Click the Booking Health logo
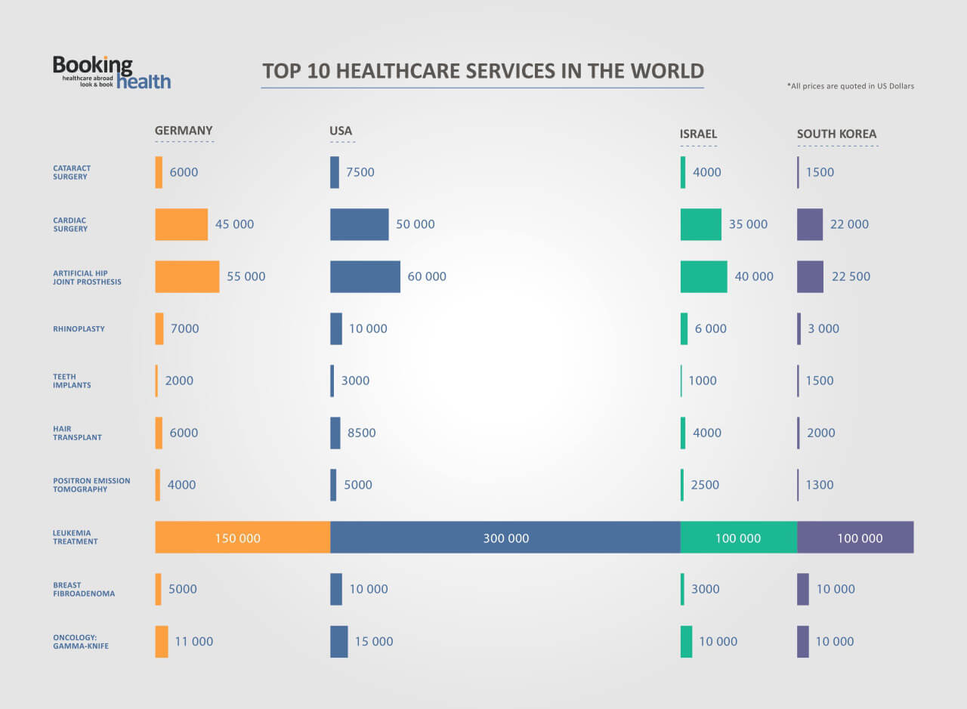click(x=111, y=72)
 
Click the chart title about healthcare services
click(x=483, y=71)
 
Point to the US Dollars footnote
click(x=850, y=86)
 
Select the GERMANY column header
click(x=184, y=131)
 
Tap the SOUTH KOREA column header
click(x=836, y=134)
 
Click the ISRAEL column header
click(x=698, y=134)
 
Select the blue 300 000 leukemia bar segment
click(x=505, y=538)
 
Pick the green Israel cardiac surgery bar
click(x=700, y=224)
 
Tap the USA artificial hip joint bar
click(x=365, y=276)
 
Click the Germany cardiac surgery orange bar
click(x=181, y=224)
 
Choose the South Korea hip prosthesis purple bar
click(x=810, y=276)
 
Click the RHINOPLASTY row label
click(x=79, y=328)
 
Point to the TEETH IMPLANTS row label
click(x=72, y=381)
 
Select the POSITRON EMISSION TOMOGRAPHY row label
click(x=91, y=485)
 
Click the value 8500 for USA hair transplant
click(x=361, y=433)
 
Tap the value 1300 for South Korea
click(x=820, y=485)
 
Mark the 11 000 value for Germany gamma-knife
click(x=194, y=641)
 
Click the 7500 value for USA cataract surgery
click(x=360, y=172)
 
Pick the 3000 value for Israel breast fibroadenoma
click(x=705, y=589)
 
